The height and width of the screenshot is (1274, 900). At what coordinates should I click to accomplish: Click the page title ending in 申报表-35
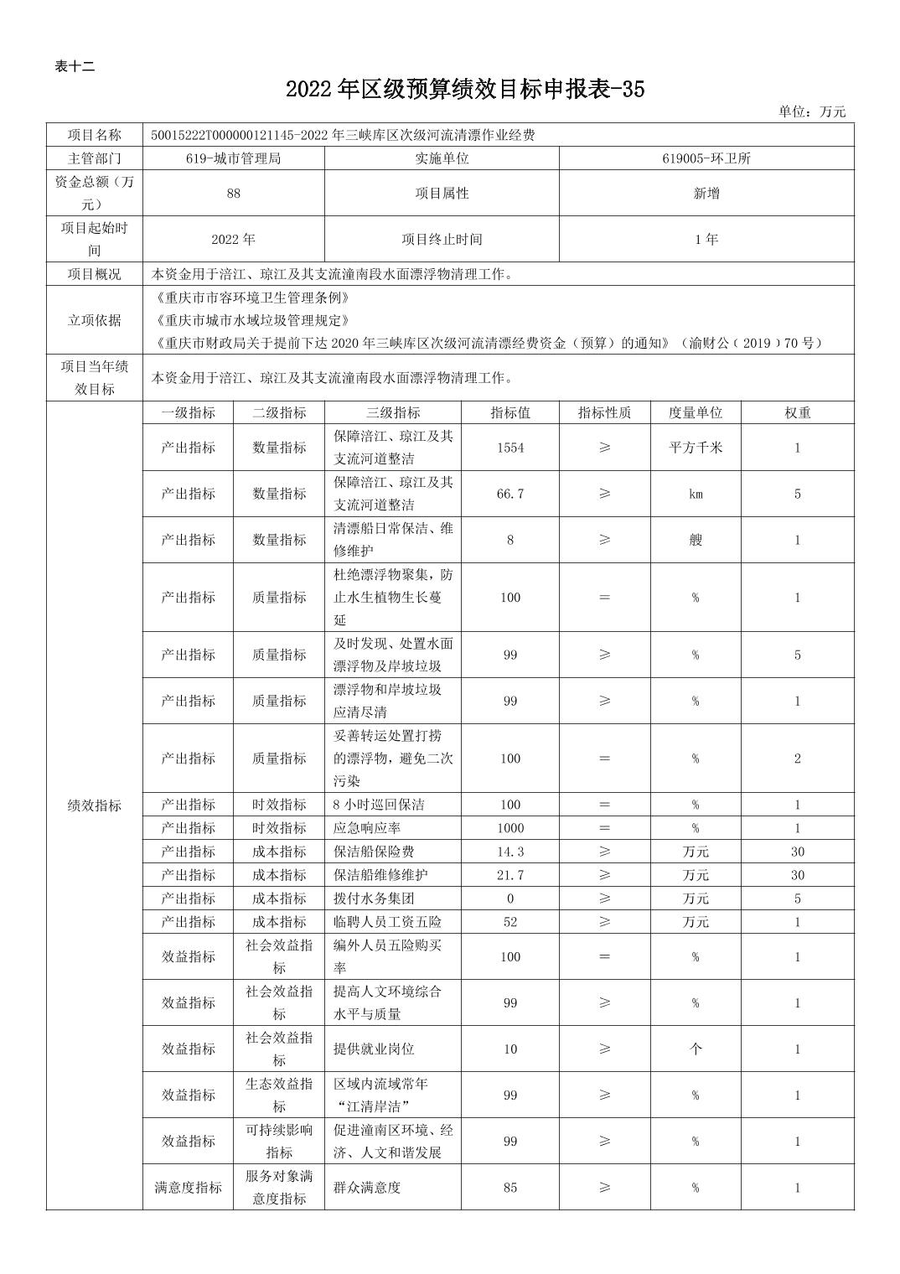(465, 90)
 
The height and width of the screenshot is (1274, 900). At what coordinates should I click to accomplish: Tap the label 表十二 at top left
(75, 67)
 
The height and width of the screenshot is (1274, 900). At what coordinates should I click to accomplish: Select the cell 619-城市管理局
(233, 158)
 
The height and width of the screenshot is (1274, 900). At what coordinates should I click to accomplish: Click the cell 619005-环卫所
(706, 158)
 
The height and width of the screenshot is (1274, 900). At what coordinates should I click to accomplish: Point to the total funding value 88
(233, 193)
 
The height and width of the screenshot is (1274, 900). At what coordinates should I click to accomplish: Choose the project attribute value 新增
(706, 193)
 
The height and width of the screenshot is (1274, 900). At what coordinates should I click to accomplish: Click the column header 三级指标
(393, 412)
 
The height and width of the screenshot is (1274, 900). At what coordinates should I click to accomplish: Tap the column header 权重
(797, 412)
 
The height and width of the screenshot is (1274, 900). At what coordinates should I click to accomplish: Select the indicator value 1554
(510, 448)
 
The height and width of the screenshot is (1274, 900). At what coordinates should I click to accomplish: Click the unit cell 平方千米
(695, 448)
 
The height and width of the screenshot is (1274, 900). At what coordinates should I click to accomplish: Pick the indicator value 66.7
(510, 494)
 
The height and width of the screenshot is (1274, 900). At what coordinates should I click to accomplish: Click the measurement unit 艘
(695, 540)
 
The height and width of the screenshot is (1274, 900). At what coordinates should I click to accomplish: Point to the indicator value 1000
(510, 828)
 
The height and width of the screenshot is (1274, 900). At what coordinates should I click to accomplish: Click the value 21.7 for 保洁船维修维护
(510, 875)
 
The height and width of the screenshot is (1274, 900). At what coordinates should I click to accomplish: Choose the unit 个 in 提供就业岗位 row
(695, 1049)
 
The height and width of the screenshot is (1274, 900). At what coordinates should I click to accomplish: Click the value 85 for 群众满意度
(510, 1188)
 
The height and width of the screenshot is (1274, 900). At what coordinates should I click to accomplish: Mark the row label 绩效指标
(95, 805)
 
